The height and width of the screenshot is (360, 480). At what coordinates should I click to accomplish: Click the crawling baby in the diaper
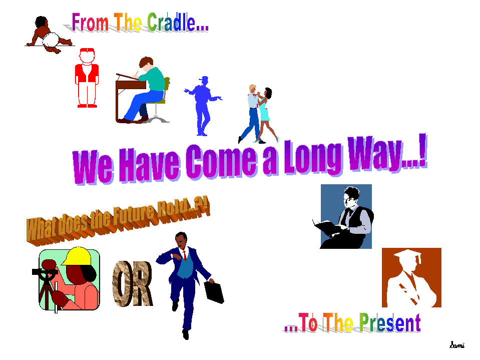pos(49,35)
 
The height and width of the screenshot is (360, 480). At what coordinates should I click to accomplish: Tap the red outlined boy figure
pos(87,78)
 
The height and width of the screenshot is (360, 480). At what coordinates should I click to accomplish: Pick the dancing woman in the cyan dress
pos(265,114)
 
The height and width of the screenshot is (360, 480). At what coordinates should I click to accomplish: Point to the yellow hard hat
pos(77,256)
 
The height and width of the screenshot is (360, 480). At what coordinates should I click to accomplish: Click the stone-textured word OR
pos(133,283)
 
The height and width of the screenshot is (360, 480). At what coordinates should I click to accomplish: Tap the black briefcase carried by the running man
pos(214,292)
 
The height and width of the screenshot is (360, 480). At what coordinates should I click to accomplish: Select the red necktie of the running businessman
pos(184,255)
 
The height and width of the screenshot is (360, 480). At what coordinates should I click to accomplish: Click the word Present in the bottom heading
pos(390,322)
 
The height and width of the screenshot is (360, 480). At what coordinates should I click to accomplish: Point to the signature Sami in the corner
pos(457,345)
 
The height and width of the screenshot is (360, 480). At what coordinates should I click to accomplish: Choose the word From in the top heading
pos(90,23)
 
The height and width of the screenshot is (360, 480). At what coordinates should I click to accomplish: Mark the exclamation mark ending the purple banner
pos(423,151)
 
